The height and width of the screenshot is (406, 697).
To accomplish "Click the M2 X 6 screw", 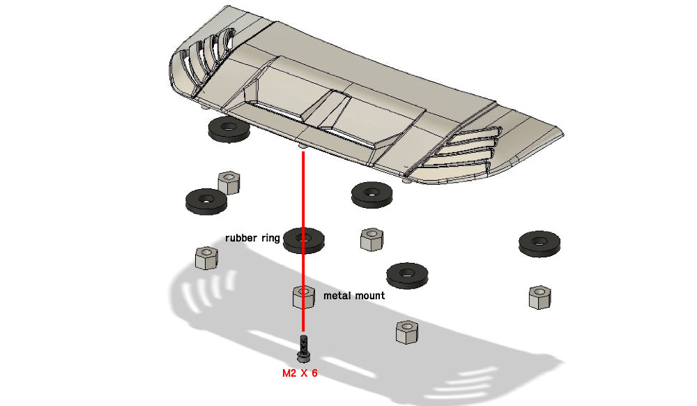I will (302, 347).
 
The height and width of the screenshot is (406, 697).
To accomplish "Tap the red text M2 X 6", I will (300, 373).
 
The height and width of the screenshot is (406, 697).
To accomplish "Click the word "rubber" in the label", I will (240, 238).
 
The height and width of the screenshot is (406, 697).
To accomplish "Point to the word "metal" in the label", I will (337, 296).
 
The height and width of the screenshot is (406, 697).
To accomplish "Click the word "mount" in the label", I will (369, 296).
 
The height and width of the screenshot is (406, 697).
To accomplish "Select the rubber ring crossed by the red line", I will (303, 239).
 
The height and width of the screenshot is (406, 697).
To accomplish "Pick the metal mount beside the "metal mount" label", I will (302, 296).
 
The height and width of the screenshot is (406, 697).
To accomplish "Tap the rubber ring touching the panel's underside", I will (229, 129).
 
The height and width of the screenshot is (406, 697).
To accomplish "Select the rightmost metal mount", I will (540, 296).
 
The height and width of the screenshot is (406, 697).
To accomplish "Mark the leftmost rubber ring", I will (206, 201).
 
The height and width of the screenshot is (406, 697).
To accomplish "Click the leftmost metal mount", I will (207, 258).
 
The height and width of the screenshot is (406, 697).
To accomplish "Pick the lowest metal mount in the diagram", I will (406, 331).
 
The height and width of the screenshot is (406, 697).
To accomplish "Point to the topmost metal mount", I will (229, 182).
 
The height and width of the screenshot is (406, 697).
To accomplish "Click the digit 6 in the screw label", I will (314, 373).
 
